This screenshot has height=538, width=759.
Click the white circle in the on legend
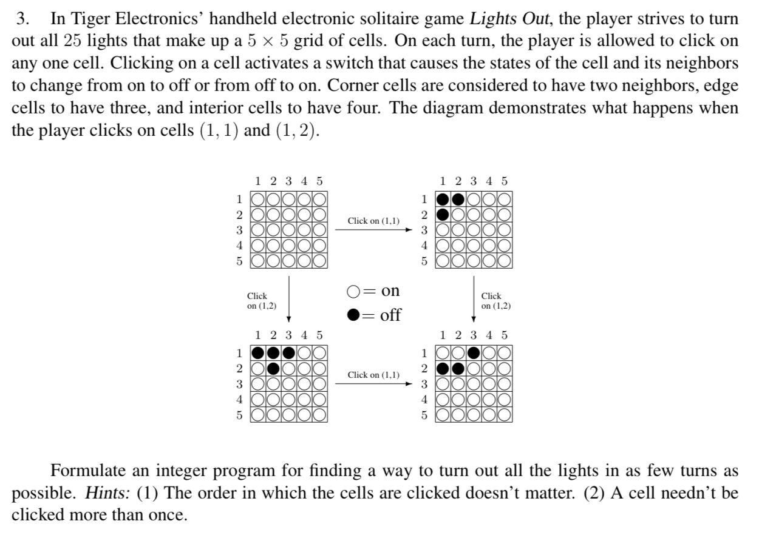pyautogui.click(x=354, y=292)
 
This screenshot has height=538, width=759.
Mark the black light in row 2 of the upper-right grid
pyautogui.click(x=444, y=214)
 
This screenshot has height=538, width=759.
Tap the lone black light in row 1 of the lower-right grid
pyautogui.click(x=474, y=352)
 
